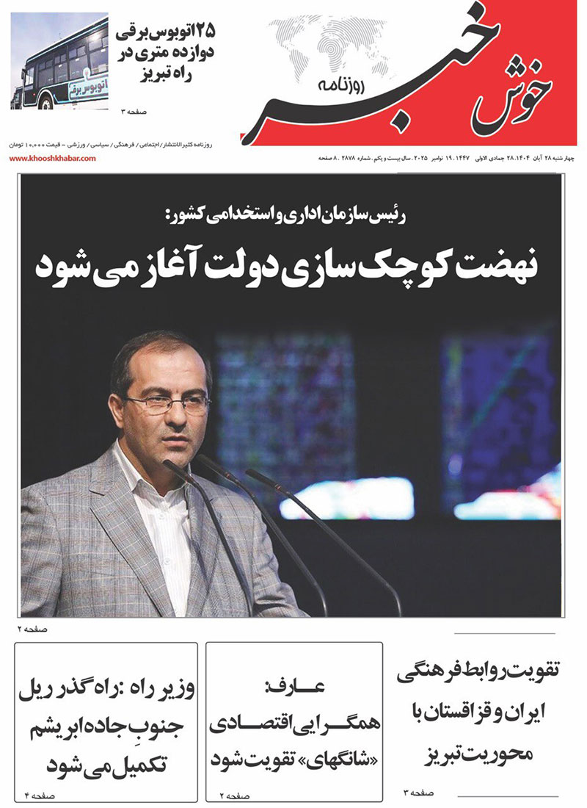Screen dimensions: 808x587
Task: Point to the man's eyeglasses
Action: click(x=167, y=403)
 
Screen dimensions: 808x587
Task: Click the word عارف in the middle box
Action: click(x=293, y=688)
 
